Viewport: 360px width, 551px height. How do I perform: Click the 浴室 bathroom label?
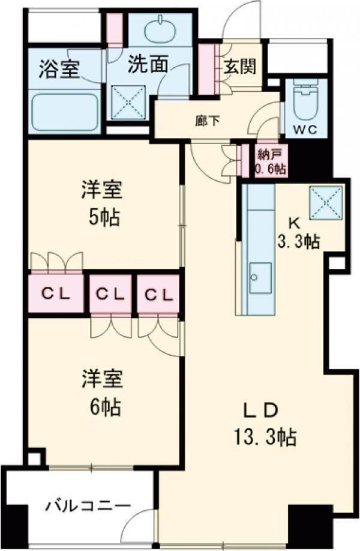coord(59,69)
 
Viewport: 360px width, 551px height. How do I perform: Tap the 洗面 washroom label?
coord(147,64)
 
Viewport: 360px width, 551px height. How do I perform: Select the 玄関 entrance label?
coord(241,66)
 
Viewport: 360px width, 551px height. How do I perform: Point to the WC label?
coord(305,130)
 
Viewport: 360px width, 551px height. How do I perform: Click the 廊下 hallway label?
coord(208,121)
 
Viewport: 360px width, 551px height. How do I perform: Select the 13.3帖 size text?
coord(266,438)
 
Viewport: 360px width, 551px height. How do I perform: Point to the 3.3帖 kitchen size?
coord(299,241)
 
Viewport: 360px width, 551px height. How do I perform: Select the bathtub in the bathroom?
coord(64,111)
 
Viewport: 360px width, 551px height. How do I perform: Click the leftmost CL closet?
coord(56,293)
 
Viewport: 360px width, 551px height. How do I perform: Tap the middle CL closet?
coord(110,294)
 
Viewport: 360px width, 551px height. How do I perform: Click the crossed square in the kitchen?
coord(326,203)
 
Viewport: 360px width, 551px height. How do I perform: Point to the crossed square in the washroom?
coord(128,102)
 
